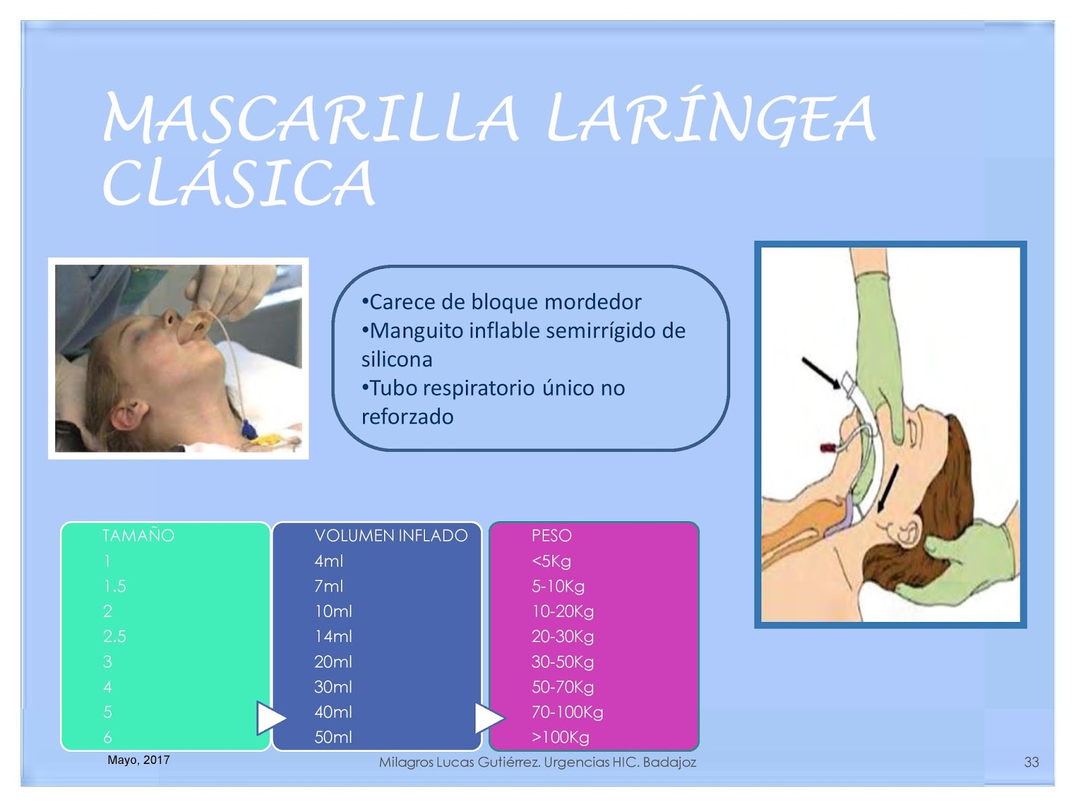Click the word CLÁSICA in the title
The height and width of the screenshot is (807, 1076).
(x=239, y=182)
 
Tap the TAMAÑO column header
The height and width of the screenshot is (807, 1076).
(x=139, y=535)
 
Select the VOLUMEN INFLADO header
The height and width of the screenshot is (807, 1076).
(x=391, y=535)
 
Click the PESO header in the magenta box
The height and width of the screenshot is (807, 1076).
(x=551, y=535)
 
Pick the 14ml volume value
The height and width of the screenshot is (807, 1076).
(x=333, y=636)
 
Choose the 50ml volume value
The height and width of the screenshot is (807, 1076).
(x=333, y=737)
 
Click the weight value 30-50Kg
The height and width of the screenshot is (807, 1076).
(x=562, y=662)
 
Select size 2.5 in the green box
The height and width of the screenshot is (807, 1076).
(x=114, y=636)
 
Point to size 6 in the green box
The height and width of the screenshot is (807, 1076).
(x=108, y=737)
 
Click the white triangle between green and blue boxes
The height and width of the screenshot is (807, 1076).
(x=270, y=718)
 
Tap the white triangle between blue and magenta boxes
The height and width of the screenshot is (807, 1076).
(x=488, y=718)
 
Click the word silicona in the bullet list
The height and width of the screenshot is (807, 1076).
(x=397, y=359)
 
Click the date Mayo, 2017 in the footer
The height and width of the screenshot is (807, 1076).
(x=139, y=760)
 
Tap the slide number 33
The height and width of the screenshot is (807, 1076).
(x=1032, y=762)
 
